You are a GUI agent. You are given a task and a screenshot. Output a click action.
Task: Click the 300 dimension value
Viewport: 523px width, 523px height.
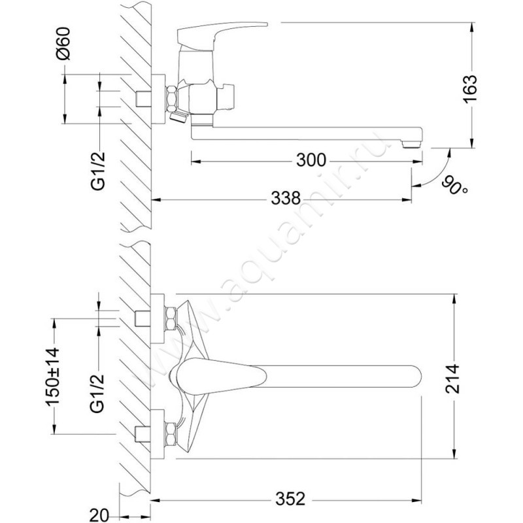point(311,160)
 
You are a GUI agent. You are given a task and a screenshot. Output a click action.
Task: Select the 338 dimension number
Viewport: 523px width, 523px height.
point(286,199)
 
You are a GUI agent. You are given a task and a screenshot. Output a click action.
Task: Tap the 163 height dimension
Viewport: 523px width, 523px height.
point(471,89)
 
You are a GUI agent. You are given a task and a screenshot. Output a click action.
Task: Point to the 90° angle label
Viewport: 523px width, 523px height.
point(454,186)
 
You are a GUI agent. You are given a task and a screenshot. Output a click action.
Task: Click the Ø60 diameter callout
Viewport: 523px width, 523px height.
point(63,43)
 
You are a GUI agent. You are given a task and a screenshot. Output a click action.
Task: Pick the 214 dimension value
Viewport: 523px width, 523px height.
point(453,379)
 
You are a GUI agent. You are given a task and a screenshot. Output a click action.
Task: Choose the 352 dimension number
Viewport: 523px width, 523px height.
point(290,499)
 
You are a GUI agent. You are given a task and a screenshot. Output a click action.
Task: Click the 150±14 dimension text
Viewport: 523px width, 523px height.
point(53,377)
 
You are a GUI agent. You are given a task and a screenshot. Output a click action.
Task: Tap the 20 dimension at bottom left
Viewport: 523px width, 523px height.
point(99,515)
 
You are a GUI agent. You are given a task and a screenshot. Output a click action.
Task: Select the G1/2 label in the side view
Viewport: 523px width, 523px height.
point(99,171)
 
